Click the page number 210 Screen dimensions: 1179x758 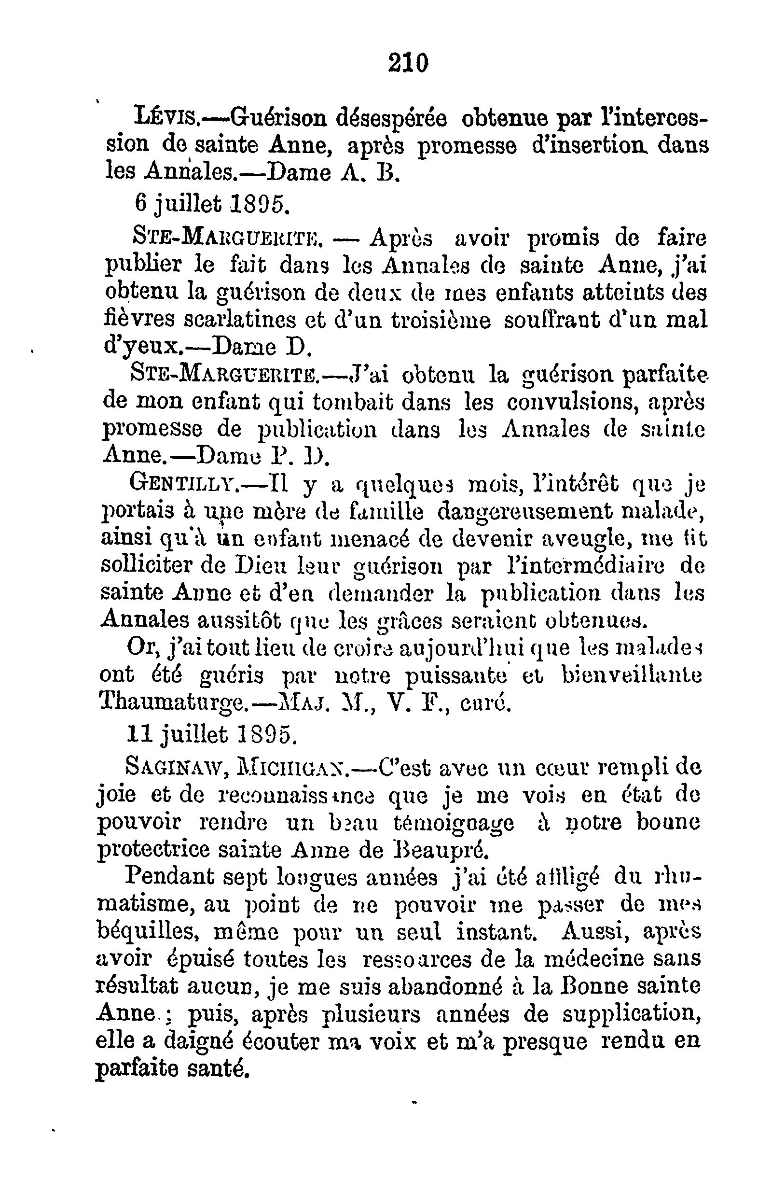[408, 64]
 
